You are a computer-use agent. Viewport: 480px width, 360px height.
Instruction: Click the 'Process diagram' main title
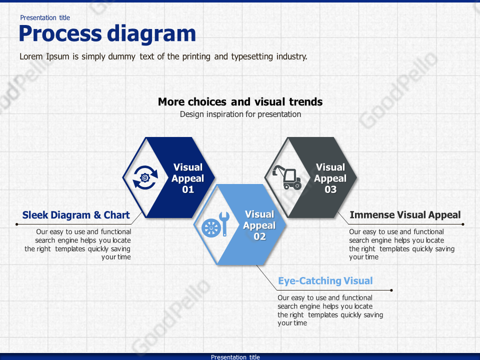click(x=107, y=34)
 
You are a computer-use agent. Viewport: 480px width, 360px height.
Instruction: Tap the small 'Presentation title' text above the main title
click(x=45, y=17)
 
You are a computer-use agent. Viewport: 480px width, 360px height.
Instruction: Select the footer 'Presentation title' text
click(x=235, y=357)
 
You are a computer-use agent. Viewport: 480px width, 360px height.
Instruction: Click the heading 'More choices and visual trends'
click(x=240, y=102)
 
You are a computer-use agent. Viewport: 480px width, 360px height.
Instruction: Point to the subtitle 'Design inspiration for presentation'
click(x=240, y=114)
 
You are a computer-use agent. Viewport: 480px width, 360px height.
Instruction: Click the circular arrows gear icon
click(x=145, y=177)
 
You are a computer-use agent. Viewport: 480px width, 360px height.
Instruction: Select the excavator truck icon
click(x=286, y=177)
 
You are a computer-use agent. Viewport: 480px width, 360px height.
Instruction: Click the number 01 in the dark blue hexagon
click(x=188, y=189)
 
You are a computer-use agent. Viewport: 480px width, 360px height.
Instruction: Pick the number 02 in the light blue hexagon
click(x=259, y=236)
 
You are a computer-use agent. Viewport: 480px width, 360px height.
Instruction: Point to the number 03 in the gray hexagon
click(x=330, y=189)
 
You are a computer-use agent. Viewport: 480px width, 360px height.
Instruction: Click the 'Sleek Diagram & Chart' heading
click(x=76, y=215)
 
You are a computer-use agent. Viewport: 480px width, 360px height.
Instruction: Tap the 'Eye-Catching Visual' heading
click(x=325, y=281)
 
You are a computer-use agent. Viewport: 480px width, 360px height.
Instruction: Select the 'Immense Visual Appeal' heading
click(x=405, y=215)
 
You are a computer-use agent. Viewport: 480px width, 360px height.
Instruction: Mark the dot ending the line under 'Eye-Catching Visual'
click(x=391, y=290)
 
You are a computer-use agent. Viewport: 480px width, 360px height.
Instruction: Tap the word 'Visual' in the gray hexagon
click(x=330, y=167)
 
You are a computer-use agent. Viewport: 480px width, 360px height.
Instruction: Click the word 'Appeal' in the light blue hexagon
click(x=259, y=225)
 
